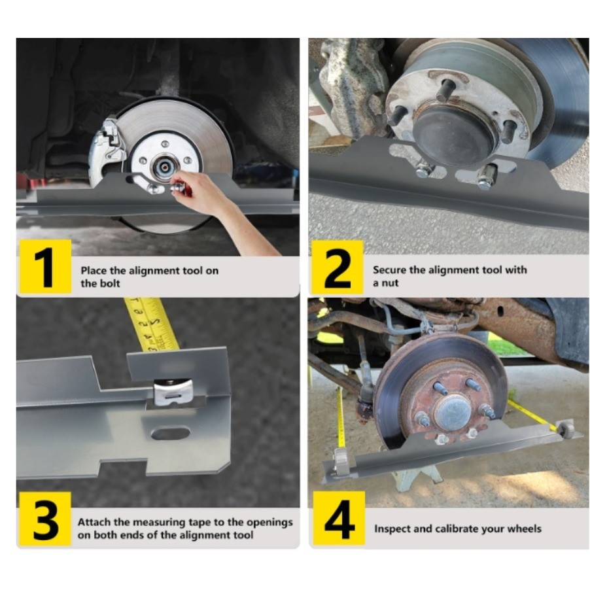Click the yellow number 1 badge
point(44,266)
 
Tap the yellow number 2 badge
point(338,266)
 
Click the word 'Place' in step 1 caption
point(94,270)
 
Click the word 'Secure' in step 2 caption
point(389,269)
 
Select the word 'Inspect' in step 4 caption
point(391,529)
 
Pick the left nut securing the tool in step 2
point(424,170)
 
